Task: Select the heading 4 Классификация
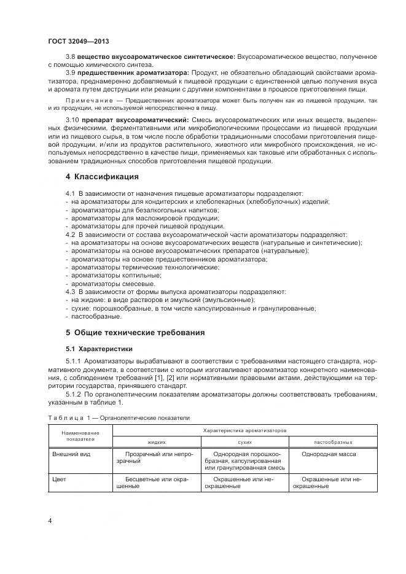[102, 177]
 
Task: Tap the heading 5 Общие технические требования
[135, 332]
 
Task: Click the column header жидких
[157, 442]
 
